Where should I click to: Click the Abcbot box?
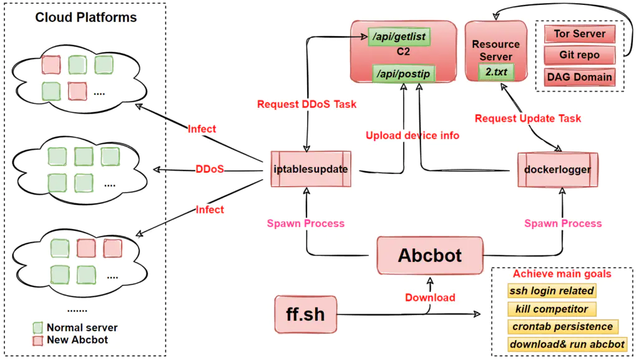[430, 255]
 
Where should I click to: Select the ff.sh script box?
[306, 314]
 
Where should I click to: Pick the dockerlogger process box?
[558, 169]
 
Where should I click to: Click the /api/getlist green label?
[399, 37]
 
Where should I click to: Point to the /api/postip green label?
[402, 74]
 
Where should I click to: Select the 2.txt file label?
[496, 72]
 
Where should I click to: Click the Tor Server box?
[578, 34]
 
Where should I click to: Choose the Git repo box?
[578, 55]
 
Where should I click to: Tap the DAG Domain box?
[578, 77]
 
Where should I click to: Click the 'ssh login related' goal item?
[552, 291]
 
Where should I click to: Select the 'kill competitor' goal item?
[552, 309]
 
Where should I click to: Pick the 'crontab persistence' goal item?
[562, 326]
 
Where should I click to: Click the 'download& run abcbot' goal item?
[567, 344]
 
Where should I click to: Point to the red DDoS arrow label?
[210, 169]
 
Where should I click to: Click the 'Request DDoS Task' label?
[306, 104]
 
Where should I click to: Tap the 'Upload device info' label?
[412, 135]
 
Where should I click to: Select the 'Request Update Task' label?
[528, 118]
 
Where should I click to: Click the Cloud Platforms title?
[86, 17]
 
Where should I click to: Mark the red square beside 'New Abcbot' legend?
[38, 340]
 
